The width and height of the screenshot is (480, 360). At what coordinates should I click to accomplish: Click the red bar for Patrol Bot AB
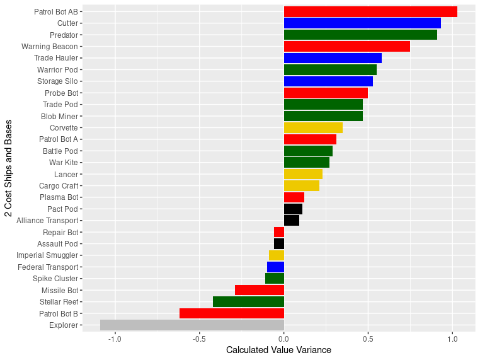[x=370, y=11]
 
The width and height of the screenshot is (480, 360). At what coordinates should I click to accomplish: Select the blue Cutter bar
[x=362, y=23]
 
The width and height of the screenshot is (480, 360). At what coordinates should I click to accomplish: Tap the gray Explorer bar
[x=192, y=325]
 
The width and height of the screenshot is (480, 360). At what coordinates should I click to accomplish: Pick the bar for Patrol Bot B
[x=232, y=313]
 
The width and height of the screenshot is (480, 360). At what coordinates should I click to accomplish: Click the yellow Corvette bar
[x=313, y=127]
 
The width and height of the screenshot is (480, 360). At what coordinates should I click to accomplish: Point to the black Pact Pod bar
[x=293, y=209]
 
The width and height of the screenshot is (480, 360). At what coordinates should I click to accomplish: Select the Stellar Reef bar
[x=248, y=302]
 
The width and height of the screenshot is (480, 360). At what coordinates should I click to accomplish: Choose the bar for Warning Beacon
[x=347, y=47]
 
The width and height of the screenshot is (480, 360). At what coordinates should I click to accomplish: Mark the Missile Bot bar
[x=260, y=290]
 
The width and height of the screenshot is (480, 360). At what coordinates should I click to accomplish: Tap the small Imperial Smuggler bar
[x=277, y=255]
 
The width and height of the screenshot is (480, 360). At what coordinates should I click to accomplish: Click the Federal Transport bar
[x=275, y=267]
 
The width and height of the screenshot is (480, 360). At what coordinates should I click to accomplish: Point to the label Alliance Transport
[x=47, y=221]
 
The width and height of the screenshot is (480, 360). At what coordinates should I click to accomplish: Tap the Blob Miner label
[x=59, y=116]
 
